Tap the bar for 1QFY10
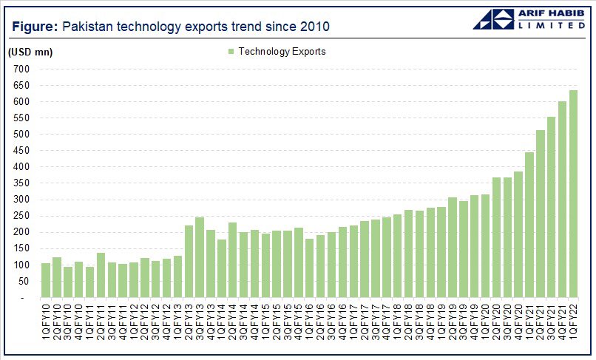[46, 280]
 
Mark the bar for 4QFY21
[562, 200]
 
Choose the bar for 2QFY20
[496, 237]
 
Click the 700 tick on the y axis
[20, 69]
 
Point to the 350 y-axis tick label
[20, 183]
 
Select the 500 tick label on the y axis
[20, 134]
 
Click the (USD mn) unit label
[30, 52]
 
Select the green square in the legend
[231, 52]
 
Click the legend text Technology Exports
[282, 52]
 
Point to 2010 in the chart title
[314, 27]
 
